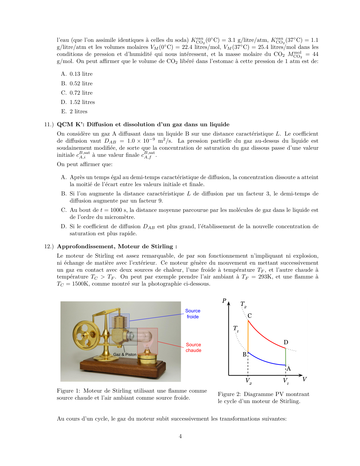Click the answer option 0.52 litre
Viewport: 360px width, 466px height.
[x=81, y=84]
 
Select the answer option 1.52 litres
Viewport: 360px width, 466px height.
[x=82, y=102]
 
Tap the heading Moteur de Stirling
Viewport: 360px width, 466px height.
[x=117, y=247]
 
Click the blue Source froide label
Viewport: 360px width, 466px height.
[x=193, y=314]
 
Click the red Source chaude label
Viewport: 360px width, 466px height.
[x=193, y=348]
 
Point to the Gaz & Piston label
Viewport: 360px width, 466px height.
[x=125, y=354]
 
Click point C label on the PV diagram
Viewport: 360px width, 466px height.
[x=250, y=316]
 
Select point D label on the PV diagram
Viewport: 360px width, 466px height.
[x=286, y=343]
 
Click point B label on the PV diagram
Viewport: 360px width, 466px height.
[x=245, y=354]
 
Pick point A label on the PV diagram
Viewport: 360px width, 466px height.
[x=289, y=369]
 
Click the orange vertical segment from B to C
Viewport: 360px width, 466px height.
[x=248, y=336]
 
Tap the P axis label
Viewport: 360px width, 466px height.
[x=224, y=301]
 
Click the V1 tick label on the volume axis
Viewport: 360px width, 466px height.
[x=286, y=381]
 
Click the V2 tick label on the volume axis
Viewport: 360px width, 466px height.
[x=248, y=381]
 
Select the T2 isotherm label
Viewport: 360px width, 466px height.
[x=243, y=304]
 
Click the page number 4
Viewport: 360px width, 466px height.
[x=180, y=436]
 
